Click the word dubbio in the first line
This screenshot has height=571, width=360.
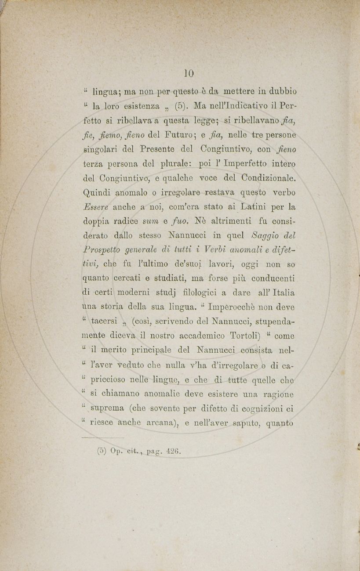280,92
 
